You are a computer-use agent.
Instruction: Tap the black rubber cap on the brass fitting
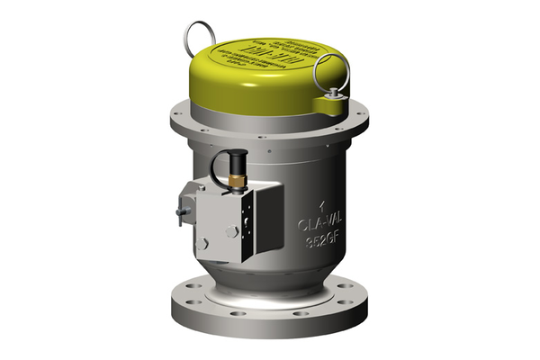[237, 164]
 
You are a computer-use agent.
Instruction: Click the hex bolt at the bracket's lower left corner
[203, 243]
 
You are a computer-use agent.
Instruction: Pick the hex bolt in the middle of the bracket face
[231, 231]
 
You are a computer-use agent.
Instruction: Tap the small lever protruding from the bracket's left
[183, 212]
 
